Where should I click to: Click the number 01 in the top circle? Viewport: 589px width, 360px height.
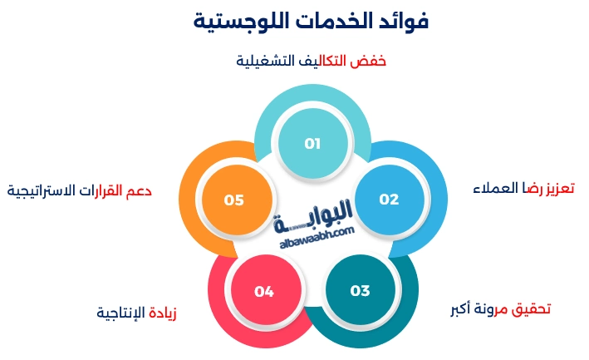(x=312, y=144)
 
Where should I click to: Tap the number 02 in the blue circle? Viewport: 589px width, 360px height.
(x=389, y=200)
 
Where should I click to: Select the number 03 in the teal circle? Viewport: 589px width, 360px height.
(x=360, y=291)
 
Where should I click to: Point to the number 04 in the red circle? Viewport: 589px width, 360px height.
(x=264, y=292)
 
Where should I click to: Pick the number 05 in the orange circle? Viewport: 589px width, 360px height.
(x=233, y=200)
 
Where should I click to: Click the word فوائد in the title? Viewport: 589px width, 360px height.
(x=401, y=22)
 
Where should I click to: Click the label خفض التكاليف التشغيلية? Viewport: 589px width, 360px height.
(x=312, y=62)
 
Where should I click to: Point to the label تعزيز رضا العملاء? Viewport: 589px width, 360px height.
(x=523, y=188)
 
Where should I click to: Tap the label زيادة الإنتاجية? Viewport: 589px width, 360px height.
(x=137, y=313)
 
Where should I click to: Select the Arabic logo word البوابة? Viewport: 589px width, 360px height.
(x=313, y=210)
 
